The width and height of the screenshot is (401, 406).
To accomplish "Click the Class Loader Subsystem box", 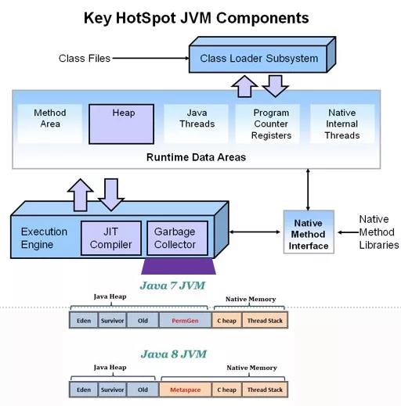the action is pyautogui.click(x=262, y=55).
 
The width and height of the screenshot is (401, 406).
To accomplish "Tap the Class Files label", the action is pyautogui.click(x=85, y=59).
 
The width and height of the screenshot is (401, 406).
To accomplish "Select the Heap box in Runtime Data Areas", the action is pyautogui.click(x=121, y=124).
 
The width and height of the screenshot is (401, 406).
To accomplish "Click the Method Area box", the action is pyautogui.click(x=50, y=124).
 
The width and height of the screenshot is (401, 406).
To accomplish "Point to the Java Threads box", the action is pyautogui.click(x=197, y=124).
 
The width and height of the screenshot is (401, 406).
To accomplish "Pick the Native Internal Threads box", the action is pyautogui.click(x=342, y=124).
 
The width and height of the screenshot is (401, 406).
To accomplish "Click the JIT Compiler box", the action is pyautogui.click(x=111, y=238).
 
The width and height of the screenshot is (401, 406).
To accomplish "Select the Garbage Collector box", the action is pyautogui.click(x=178, y=238).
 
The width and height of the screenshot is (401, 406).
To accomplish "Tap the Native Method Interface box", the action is pyautogui.click(x=309, y=232).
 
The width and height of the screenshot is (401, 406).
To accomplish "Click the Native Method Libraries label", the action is pyautogui.click(x=379, y=232).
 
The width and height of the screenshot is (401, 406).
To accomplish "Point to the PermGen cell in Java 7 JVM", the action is pyautogui.click(x=185, y=320).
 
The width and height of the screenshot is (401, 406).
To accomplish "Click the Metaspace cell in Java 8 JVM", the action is pyautogui.click(x=185, y=390).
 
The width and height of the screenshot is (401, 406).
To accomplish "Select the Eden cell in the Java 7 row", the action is pyautogui.click(x=84, y=320).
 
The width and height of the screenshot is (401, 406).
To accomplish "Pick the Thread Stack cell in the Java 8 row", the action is pyautogui.click(x=265, y=390).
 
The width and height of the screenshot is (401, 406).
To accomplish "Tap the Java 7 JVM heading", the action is pyautogui.click(x=172, y=286).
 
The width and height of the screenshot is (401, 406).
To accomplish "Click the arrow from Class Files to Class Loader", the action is pyautogui.click(x=151, y=58).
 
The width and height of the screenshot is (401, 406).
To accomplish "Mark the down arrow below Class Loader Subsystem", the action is pyautogui.click(x=276, y=86).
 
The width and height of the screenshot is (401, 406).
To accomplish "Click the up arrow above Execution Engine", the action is pyautogui.click(x=81, y=195).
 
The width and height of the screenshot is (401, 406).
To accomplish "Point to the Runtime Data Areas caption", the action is pyautogui.click(x=196, y=157).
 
